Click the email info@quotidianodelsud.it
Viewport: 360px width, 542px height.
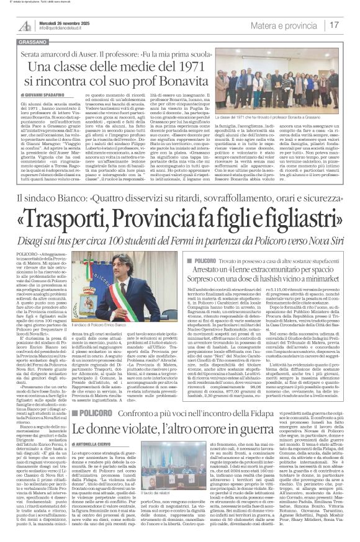click(65, 29)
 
